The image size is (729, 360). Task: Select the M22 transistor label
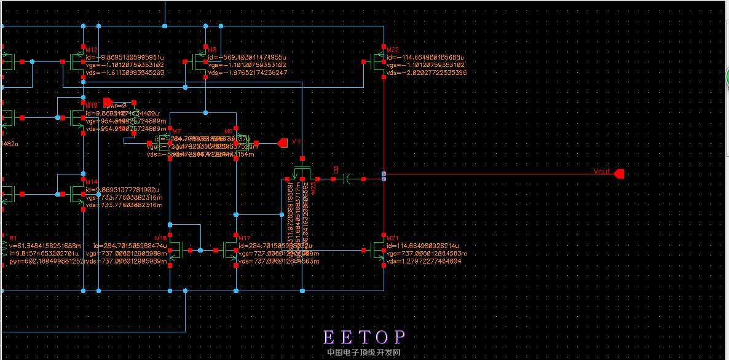(393, 50)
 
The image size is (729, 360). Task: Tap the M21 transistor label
(393, 238)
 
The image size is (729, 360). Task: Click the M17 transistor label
(245, 238)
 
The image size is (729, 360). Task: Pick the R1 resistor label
(14, 238)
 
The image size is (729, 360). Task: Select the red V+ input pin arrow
(283, 143)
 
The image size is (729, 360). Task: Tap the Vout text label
(602, 172)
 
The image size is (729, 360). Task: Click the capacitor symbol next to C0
(348, 179)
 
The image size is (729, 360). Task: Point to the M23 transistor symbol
(302, 173)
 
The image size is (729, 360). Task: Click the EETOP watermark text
(364, 337)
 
